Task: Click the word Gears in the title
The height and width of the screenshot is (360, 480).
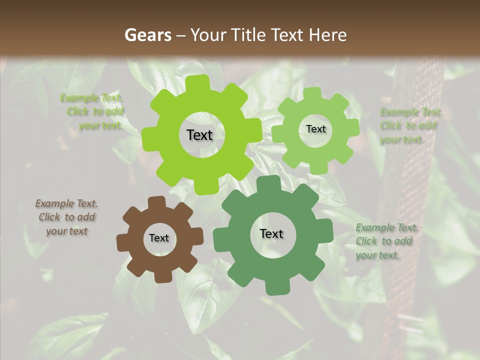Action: point(145,35)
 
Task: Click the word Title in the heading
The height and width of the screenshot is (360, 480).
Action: point(250,35)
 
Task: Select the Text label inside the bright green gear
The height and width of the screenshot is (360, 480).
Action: point(200,135)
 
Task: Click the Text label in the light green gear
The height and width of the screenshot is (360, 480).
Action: point(315,129)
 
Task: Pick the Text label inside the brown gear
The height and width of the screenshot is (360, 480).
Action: point(159,238)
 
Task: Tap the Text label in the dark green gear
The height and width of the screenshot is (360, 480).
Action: point(271,233)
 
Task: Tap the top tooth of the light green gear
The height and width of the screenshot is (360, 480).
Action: point(313,93)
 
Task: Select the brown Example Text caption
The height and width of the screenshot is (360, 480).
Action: point(66,217)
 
